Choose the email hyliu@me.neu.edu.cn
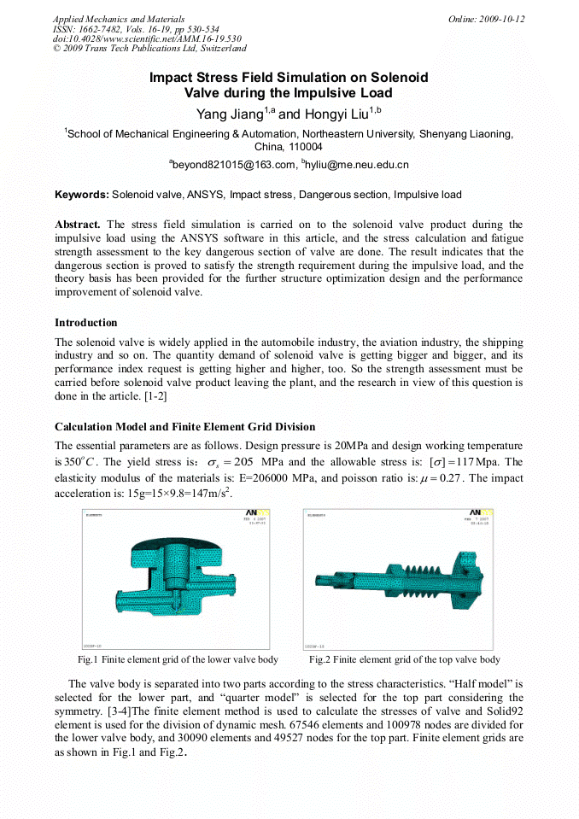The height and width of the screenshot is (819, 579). click(357, 164)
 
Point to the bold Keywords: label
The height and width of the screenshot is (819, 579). click(82, 195)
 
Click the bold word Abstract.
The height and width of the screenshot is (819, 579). click(78, 224)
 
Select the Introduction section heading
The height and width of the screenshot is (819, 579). click(86, 323)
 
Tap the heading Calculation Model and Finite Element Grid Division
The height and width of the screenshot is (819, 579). click(184, 426)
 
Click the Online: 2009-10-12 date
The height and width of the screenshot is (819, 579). click(486, 19)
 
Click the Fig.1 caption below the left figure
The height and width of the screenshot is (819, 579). click(178, 659)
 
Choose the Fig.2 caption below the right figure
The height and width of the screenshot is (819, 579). click(404, 659)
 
